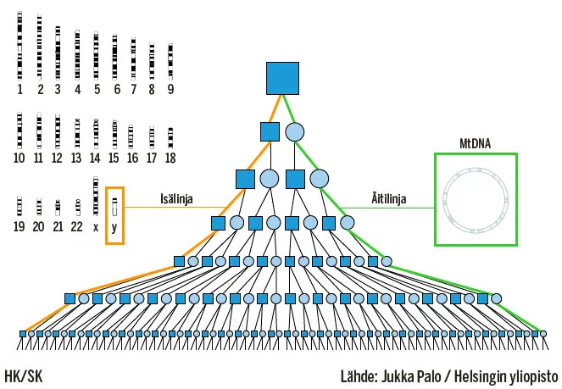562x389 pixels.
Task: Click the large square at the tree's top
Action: point(282,78)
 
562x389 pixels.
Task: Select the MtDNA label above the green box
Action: point(476,143)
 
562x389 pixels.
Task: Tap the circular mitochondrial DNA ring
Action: point(476,199)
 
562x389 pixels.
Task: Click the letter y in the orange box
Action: point(114,228)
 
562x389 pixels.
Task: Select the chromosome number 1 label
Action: point(20,88)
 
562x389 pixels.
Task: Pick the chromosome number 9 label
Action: point(170,88)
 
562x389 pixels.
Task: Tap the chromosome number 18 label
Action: point(170,158)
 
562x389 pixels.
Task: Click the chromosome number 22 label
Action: point(77,228)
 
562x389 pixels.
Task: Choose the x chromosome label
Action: point(96,228)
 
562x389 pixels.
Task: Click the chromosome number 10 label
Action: point(20,158)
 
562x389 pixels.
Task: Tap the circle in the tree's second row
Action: point(294,132)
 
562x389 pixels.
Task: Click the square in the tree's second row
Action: point(270,132)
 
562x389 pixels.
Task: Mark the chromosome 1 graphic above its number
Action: point(20,47)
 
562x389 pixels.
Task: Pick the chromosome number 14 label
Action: point(96,158)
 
